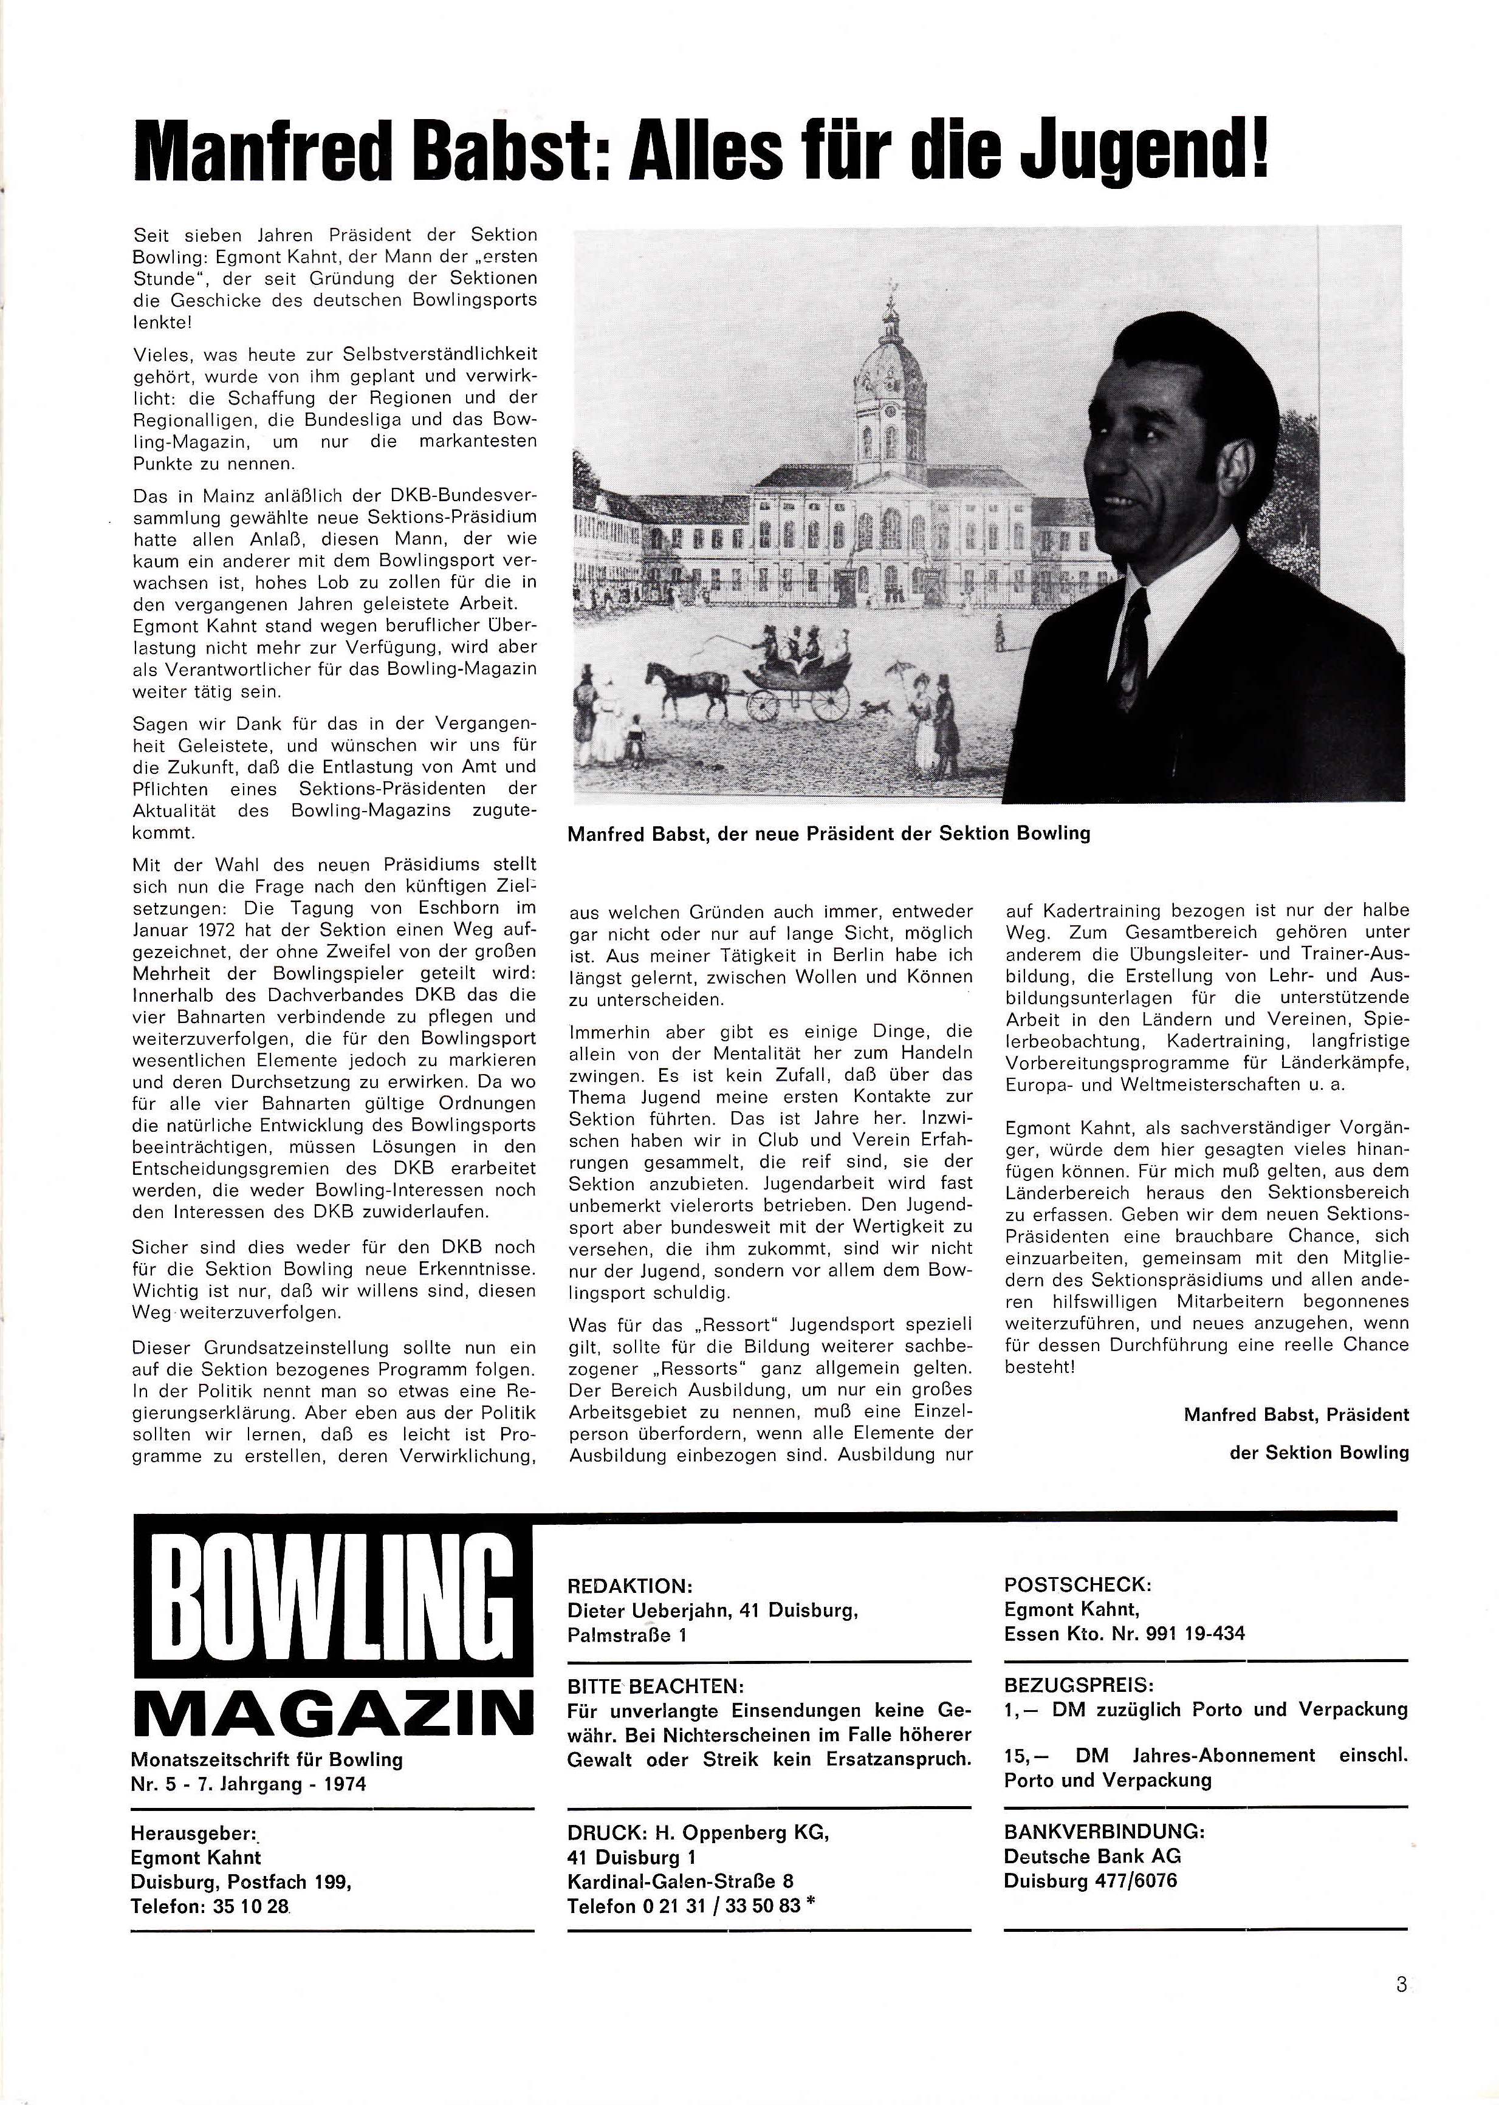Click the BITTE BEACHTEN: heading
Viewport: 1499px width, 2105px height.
pyautogui.click(x=656, y=1686)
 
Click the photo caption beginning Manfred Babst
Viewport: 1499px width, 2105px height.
pyautogui.click(x=828, y=833)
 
